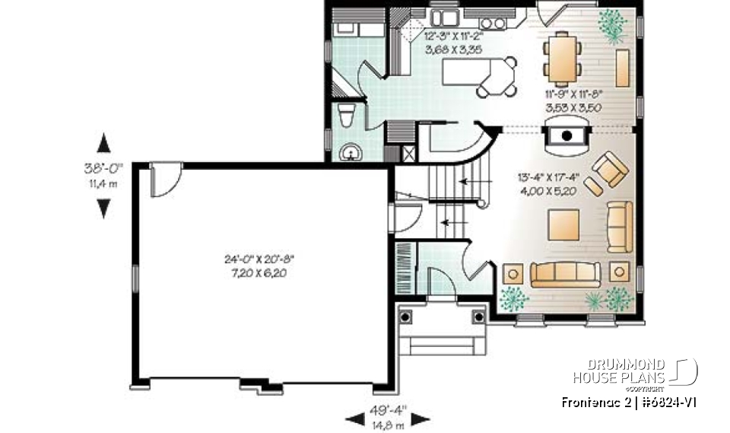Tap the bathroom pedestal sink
tap(351, 152)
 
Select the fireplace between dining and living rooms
tap(567, 138)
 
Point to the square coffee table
tap(563, 224)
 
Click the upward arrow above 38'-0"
tap(104, 142)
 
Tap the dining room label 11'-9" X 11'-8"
tap(573, 101)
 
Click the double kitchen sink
tap(444, 18)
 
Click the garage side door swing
tap(166, 180)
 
